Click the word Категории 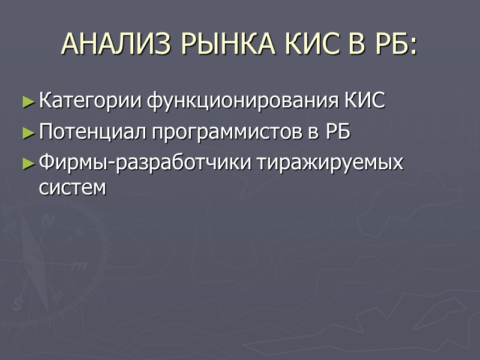tap(89, 101)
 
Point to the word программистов tap(227, 133)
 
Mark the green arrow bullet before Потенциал tap(28, 133)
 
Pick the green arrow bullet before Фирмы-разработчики tap(28, 163)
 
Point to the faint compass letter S tap(17, 305)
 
